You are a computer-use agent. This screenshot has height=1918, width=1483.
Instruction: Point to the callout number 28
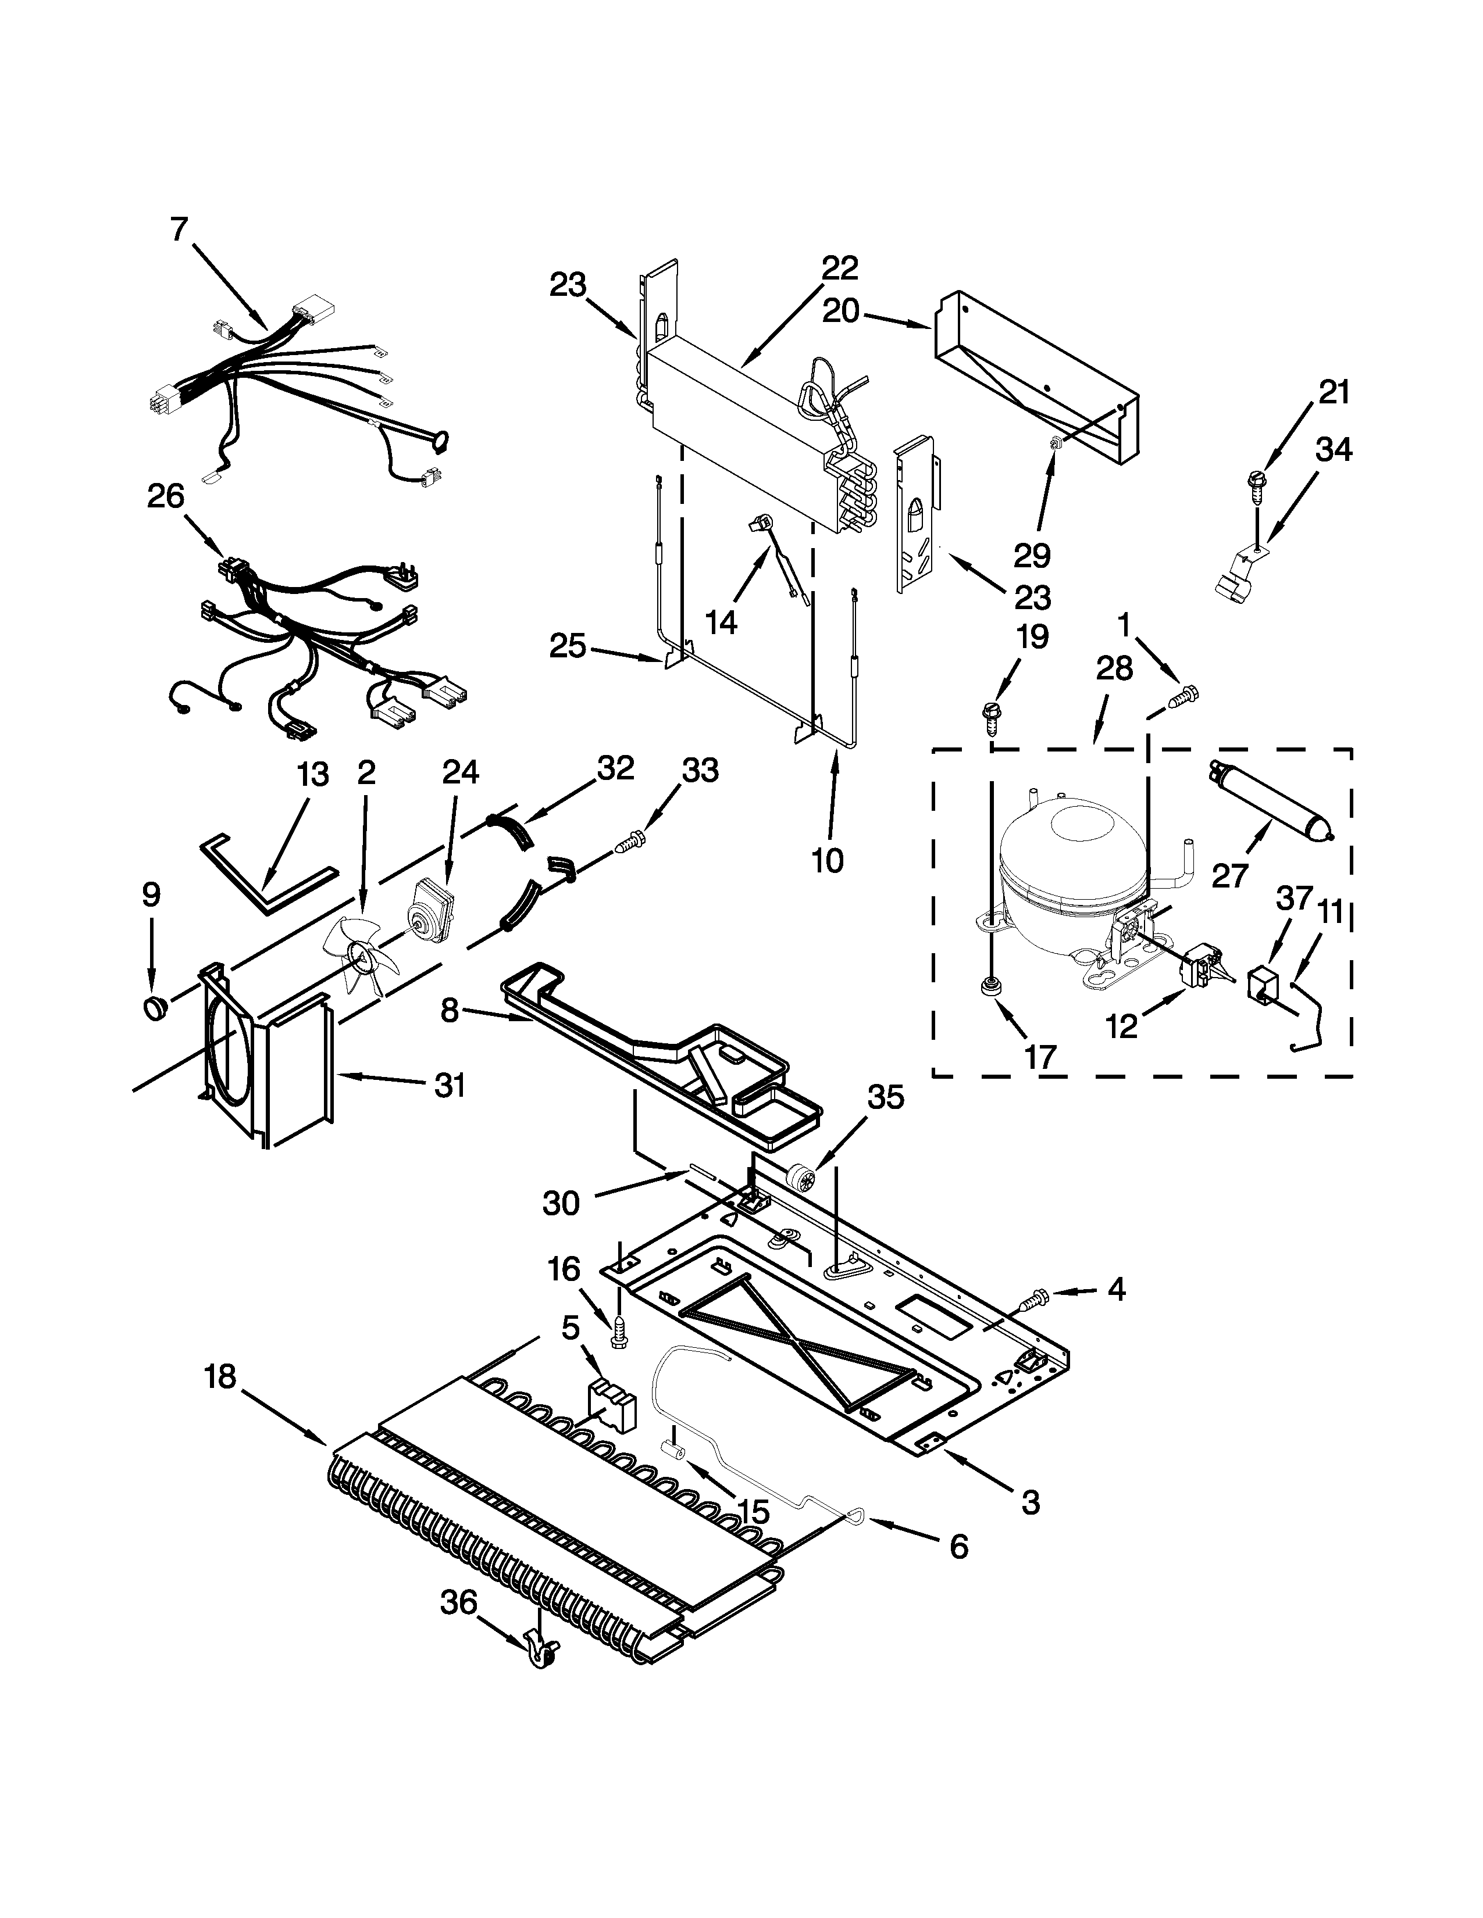[x=1114, y=669]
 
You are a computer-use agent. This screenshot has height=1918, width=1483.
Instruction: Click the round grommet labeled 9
[x=155, y=1007]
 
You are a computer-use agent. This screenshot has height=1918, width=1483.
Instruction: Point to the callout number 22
[x=839, y=268]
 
